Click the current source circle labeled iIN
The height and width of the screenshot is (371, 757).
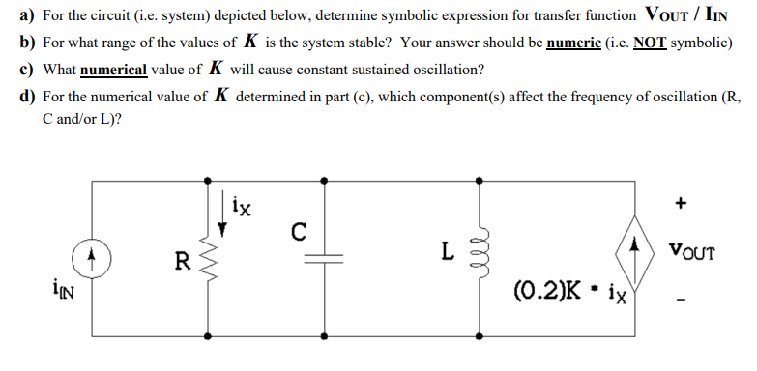tap(93, 258)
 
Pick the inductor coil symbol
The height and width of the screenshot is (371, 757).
tap(475, 255)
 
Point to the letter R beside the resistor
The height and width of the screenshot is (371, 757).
tap(181, 259)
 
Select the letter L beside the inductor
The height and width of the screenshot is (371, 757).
tap(446, 252)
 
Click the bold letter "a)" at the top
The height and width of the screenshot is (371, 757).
tap(25, 19)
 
